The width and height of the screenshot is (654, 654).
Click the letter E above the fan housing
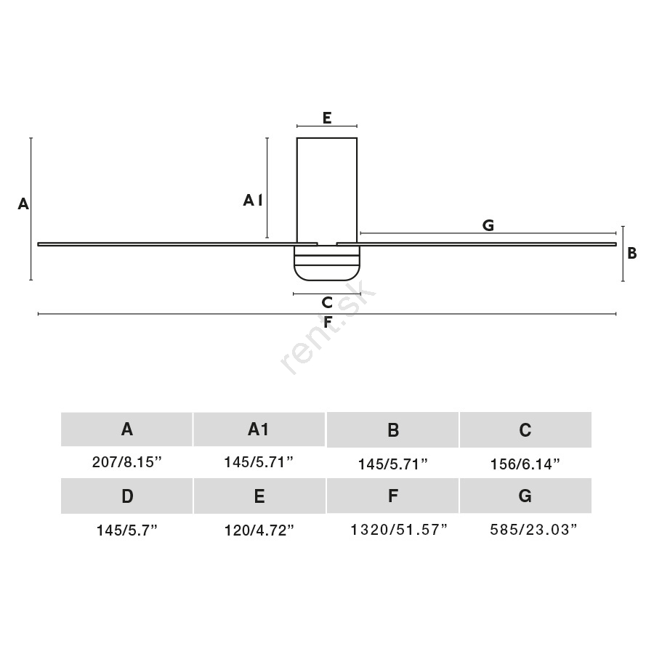pyautogui.click(x=327, y=118)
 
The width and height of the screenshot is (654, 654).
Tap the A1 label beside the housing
pyautogui.click(x=253, y=201)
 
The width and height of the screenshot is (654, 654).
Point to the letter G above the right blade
pyautogui.click(x=488, y=225)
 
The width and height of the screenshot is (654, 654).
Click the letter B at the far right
pyautogui.click(x=632, y=253)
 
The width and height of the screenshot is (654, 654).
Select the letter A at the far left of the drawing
pyautogui.click(x=23, y=204)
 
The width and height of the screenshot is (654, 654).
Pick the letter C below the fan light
pyautogui.click(x=327, y=302)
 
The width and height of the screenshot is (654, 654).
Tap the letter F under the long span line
pyautogui.click(x=328, y=322)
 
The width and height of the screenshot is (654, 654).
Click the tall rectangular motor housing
pyautogui.click(x=327, y=190)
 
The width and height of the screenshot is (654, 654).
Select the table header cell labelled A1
pyautogui.click(x=259, y=429)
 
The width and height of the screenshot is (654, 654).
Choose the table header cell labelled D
pyautogui.click(x=126, y=496)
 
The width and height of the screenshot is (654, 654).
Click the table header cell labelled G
pyautogui.click(x=525, y=496)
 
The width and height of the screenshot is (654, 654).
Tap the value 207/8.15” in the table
pyautogui.click(x=126, y=462)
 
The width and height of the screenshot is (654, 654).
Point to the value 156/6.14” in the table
pyautogui.click(x=525, y=464)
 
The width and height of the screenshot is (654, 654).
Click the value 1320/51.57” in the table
pyautogui.click(x=399, y=530)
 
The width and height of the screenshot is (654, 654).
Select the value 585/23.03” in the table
pyautogui.click(x=534, y=530)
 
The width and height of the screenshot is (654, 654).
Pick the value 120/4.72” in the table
pyautogui.click(x=259, y=530)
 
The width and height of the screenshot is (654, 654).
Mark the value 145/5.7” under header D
pyautogui.click(x=127, y=530)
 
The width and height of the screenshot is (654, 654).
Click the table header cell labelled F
pyautogui.click(x=392, y=496)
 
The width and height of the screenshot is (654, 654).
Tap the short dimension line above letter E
pyautogui.click(x=327, y=126)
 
